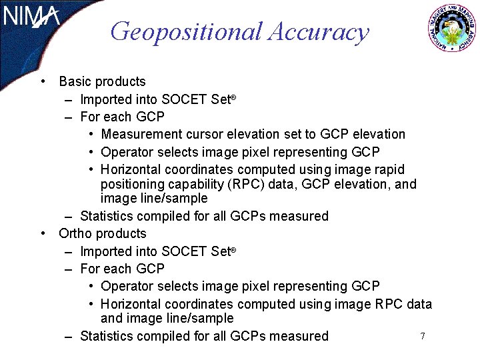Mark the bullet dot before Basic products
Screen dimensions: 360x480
[43, 82]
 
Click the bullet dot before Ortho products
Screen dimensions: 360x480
[43, 234]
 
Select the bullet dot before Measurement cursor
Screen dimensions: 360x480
[91, 135]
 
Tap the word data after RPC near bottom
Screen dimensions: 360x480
[417, 305]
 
